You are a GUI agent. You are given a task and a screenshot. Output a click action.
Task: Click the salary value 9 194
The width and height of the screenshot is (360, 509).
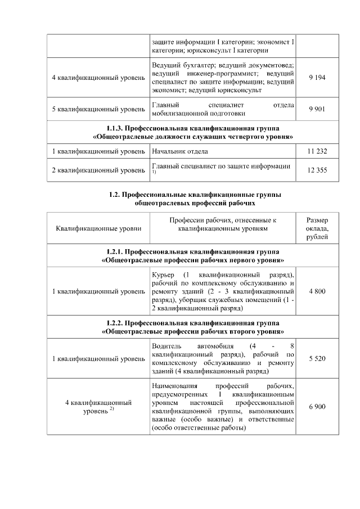point(317,78)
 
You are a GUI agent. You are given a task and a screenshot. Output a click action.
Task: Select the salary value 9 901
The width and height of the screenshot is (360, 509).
point(317,109)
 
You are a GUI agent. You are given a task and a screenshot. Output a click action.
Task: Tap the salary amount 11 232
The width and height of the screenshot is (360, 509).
point(317,151)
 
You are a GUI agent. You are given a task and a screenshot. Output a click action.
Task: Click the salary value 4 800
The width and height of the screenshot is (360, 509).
point(317,291)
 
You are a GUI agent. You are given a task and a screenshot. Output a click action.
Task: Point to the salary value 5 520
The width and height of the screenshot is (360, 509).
point(317,358)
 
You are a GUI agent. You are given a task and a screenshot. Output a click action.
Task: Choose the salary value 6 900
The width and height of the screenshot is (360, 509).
point(317,406)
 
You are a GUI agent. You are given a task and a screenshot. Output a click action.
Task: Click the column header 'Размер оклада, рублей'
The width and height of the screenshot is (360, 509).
point(317,229)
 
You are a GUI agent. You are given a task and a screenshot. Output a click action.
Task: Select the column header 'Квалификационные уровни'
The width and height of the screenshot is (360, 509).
point(98,229)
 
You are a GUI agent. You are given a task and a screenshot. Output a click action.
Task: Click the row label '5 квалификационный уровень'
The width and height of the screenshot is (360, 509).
point(98,109)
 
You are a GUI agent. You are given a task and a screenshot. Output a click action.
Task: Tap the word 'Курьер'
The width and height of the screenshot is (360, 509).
point(163,274)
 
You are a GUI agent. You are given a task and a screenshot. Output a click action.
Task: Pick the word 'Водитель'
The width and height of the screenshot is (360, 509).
point(166,345)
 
